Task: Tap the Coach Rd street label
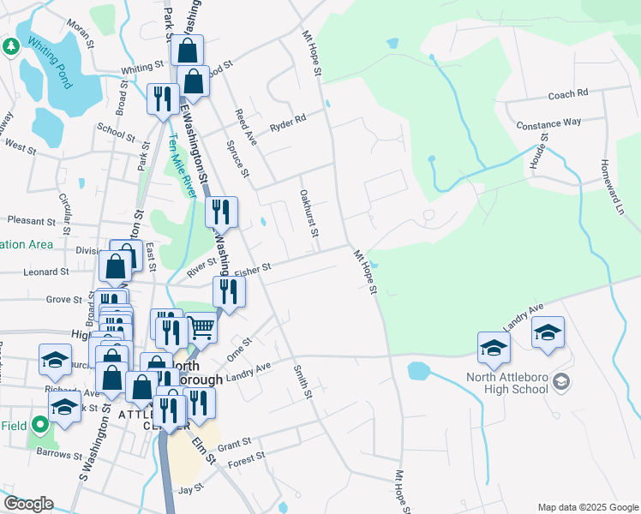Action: (568, 93)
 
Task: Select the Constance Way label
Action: (548, 123)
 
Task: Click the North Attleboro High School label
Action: (506, 383)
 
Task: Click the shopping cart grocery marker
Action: (201, 326)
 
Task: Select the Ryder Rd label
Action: (288, 123)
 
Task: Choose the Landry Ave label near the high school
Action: (524, 319)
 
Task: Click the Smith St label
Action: (301, 381)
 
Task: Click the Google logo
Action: (27, 504)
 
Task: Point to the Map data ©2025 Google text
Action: (587, 507)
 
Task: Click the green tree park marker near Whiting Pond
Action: (10, 46)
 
